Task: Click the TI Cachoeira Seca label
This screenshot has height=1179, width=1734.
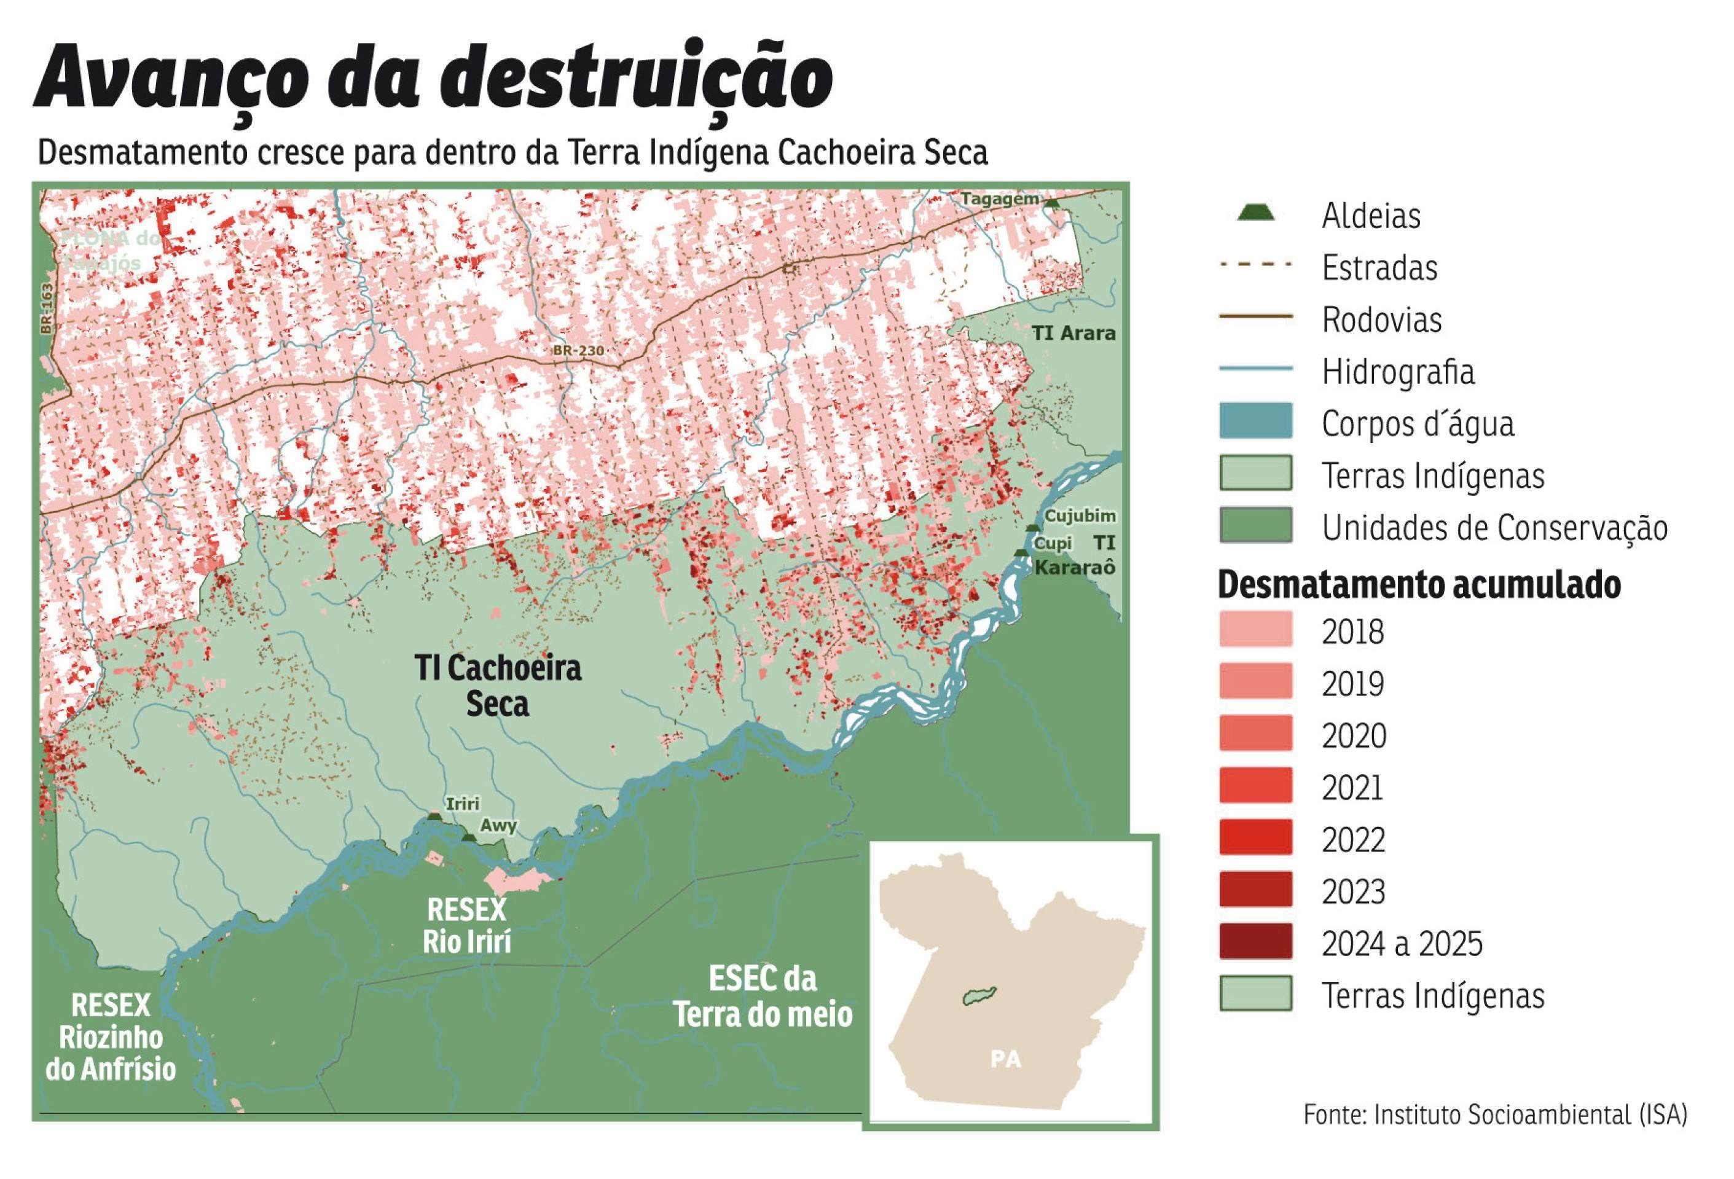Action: (x=498, y=686)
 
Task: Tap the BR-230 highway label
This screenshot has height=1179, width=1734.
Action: (x=578, y=351)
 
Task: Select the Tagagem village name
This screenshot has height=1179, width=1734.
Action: (x=999, y=199)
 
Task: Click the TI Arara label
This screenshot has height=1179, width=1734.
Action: (x=1073, y=334)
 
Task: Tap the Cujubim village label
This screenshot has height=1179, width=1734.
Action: (x=1080, y=515)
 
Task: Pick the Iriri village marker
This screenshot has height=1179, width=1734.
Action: (x=434, y=817)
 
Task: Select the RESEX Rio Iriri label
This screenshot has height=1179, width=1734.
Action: (x=466, y=926)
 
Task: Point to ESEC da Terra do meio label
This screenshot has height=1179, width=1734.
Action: (x=763, y=998)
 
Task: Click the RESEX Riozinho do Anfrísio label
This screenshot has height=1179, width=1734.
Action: (x=111, y=1037)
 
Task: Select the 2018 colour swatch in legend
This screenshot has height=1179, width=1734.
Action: (x=1256, y=629)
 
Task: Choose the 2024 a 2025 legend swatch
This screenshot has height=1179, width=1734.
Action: (x=1256, y=942)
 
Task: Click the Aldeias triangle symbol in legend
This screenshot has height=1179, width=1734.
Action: (x=1256, y=214)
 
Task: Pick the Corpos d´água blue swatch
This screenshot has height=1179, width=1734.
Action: (x=1256, y=421)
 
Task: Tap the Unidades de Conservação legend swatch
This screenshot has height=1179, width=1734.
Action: (x=1256, y=525)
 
